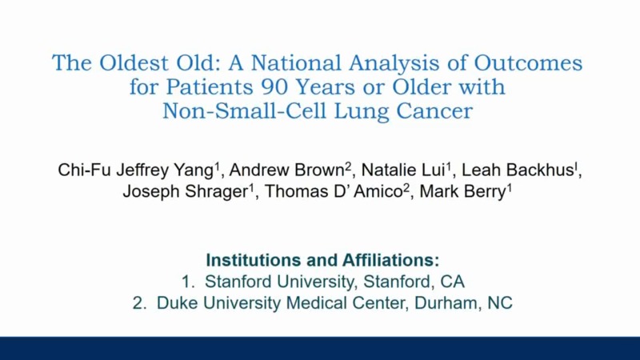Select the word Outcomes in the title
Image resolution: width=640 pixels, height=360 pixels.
[x=529, y=63]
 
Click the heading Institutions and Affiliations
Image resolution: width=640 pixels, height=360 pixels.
[x=323, y=260]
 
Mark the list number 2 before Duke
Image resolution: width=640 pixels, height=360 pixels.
[x=140, y=303]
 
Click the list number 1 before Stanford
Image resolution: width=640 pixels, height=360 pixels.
[x=186, y=282]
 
